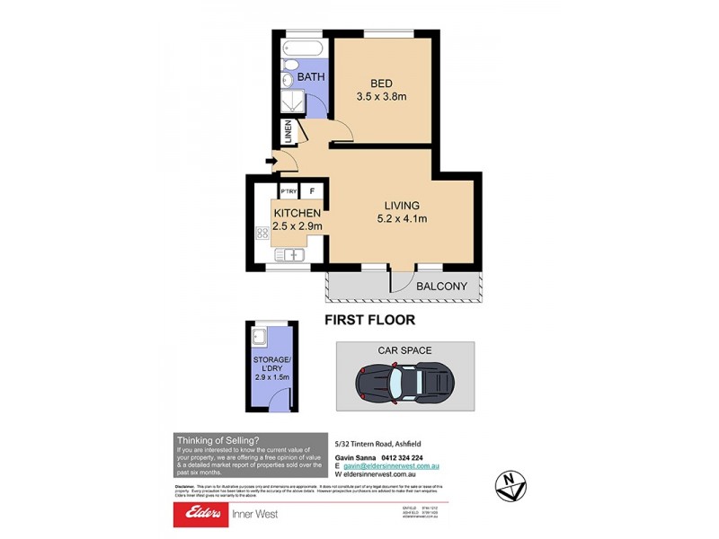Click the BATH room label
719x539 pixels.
(x=312, y=78)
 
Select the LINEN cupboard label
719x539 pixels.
(x=288, y=133)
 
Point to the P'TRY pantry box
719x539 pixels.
(x=289, y=191)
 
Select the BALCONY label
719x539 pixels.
(x=442, y=287)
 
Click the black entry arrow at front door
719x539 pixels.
(x=271, y=163)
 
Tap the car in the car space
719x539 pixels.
(x=404, y=384)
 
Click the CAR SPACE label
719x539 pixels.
(x=404, y=350)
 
